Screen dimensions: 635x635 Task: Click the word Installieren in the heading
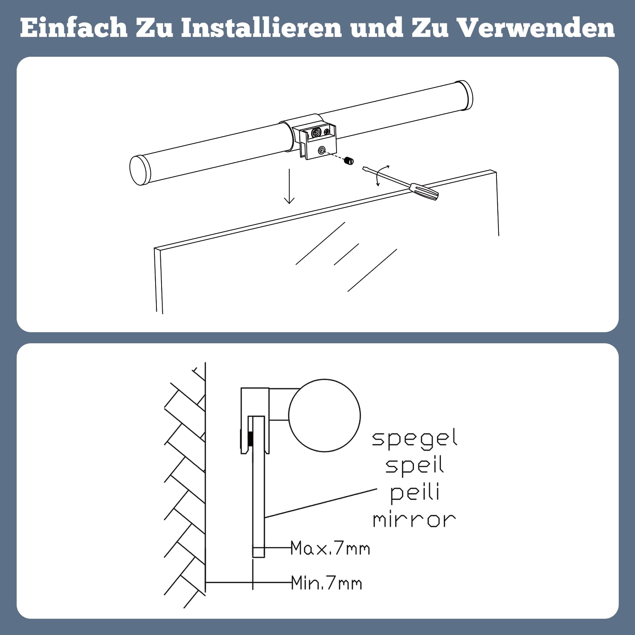(x=262, y=28)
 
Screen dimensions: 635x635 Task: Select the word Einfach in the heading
(x=73, y=28)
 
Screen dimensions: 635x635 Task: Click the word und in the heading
(x=376, y=28)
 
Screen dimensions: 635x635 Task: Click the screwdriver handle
(x=424, y=191)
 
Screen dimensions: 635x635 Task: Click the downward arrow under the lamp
(x=289, y=186)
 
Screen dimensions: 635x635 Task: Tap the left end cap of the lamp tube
(x=140, y=170)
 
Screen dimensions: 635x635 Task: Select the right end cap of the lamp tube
(x=464, y=95)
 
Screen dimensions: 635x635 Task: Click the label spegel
(x=414, y=439)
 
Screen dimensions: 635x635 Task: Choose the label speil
(x=414, y=466)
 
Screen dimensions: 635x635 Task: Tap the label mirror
(x=414, y=520)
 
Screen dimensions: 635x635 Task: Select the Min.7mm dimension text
(x=327, y=583)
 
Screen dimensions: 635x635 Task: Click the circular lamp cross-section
(x=325, y=416)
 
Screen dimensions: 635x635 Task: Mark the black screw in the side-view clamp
(x=251, y=439)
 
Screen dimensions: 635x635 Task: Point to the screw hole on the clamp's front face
(x=322, y=150)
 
